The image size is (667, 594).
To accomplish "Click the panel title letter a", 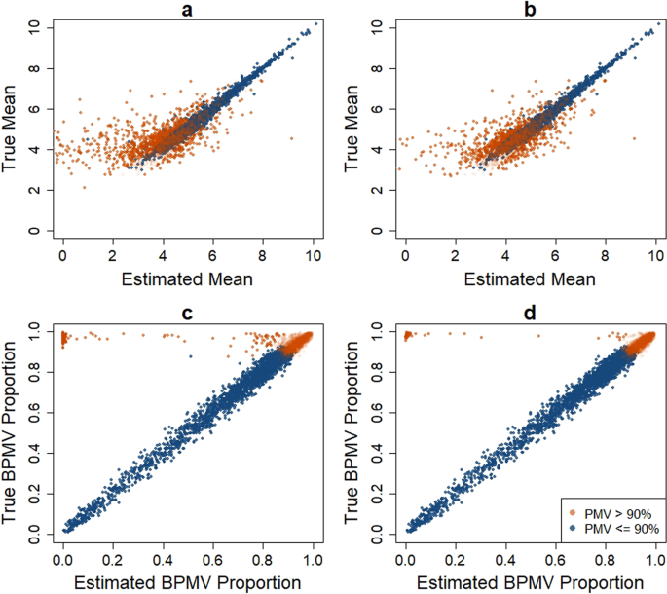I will coord(189,10).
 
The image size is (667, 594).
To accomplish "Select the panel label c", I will coord(189,313).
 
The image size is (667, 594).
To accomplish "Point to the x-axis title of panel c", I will coord(189,582).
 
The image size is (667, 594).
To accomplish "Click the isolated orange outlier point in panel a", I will coord(291,139).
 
